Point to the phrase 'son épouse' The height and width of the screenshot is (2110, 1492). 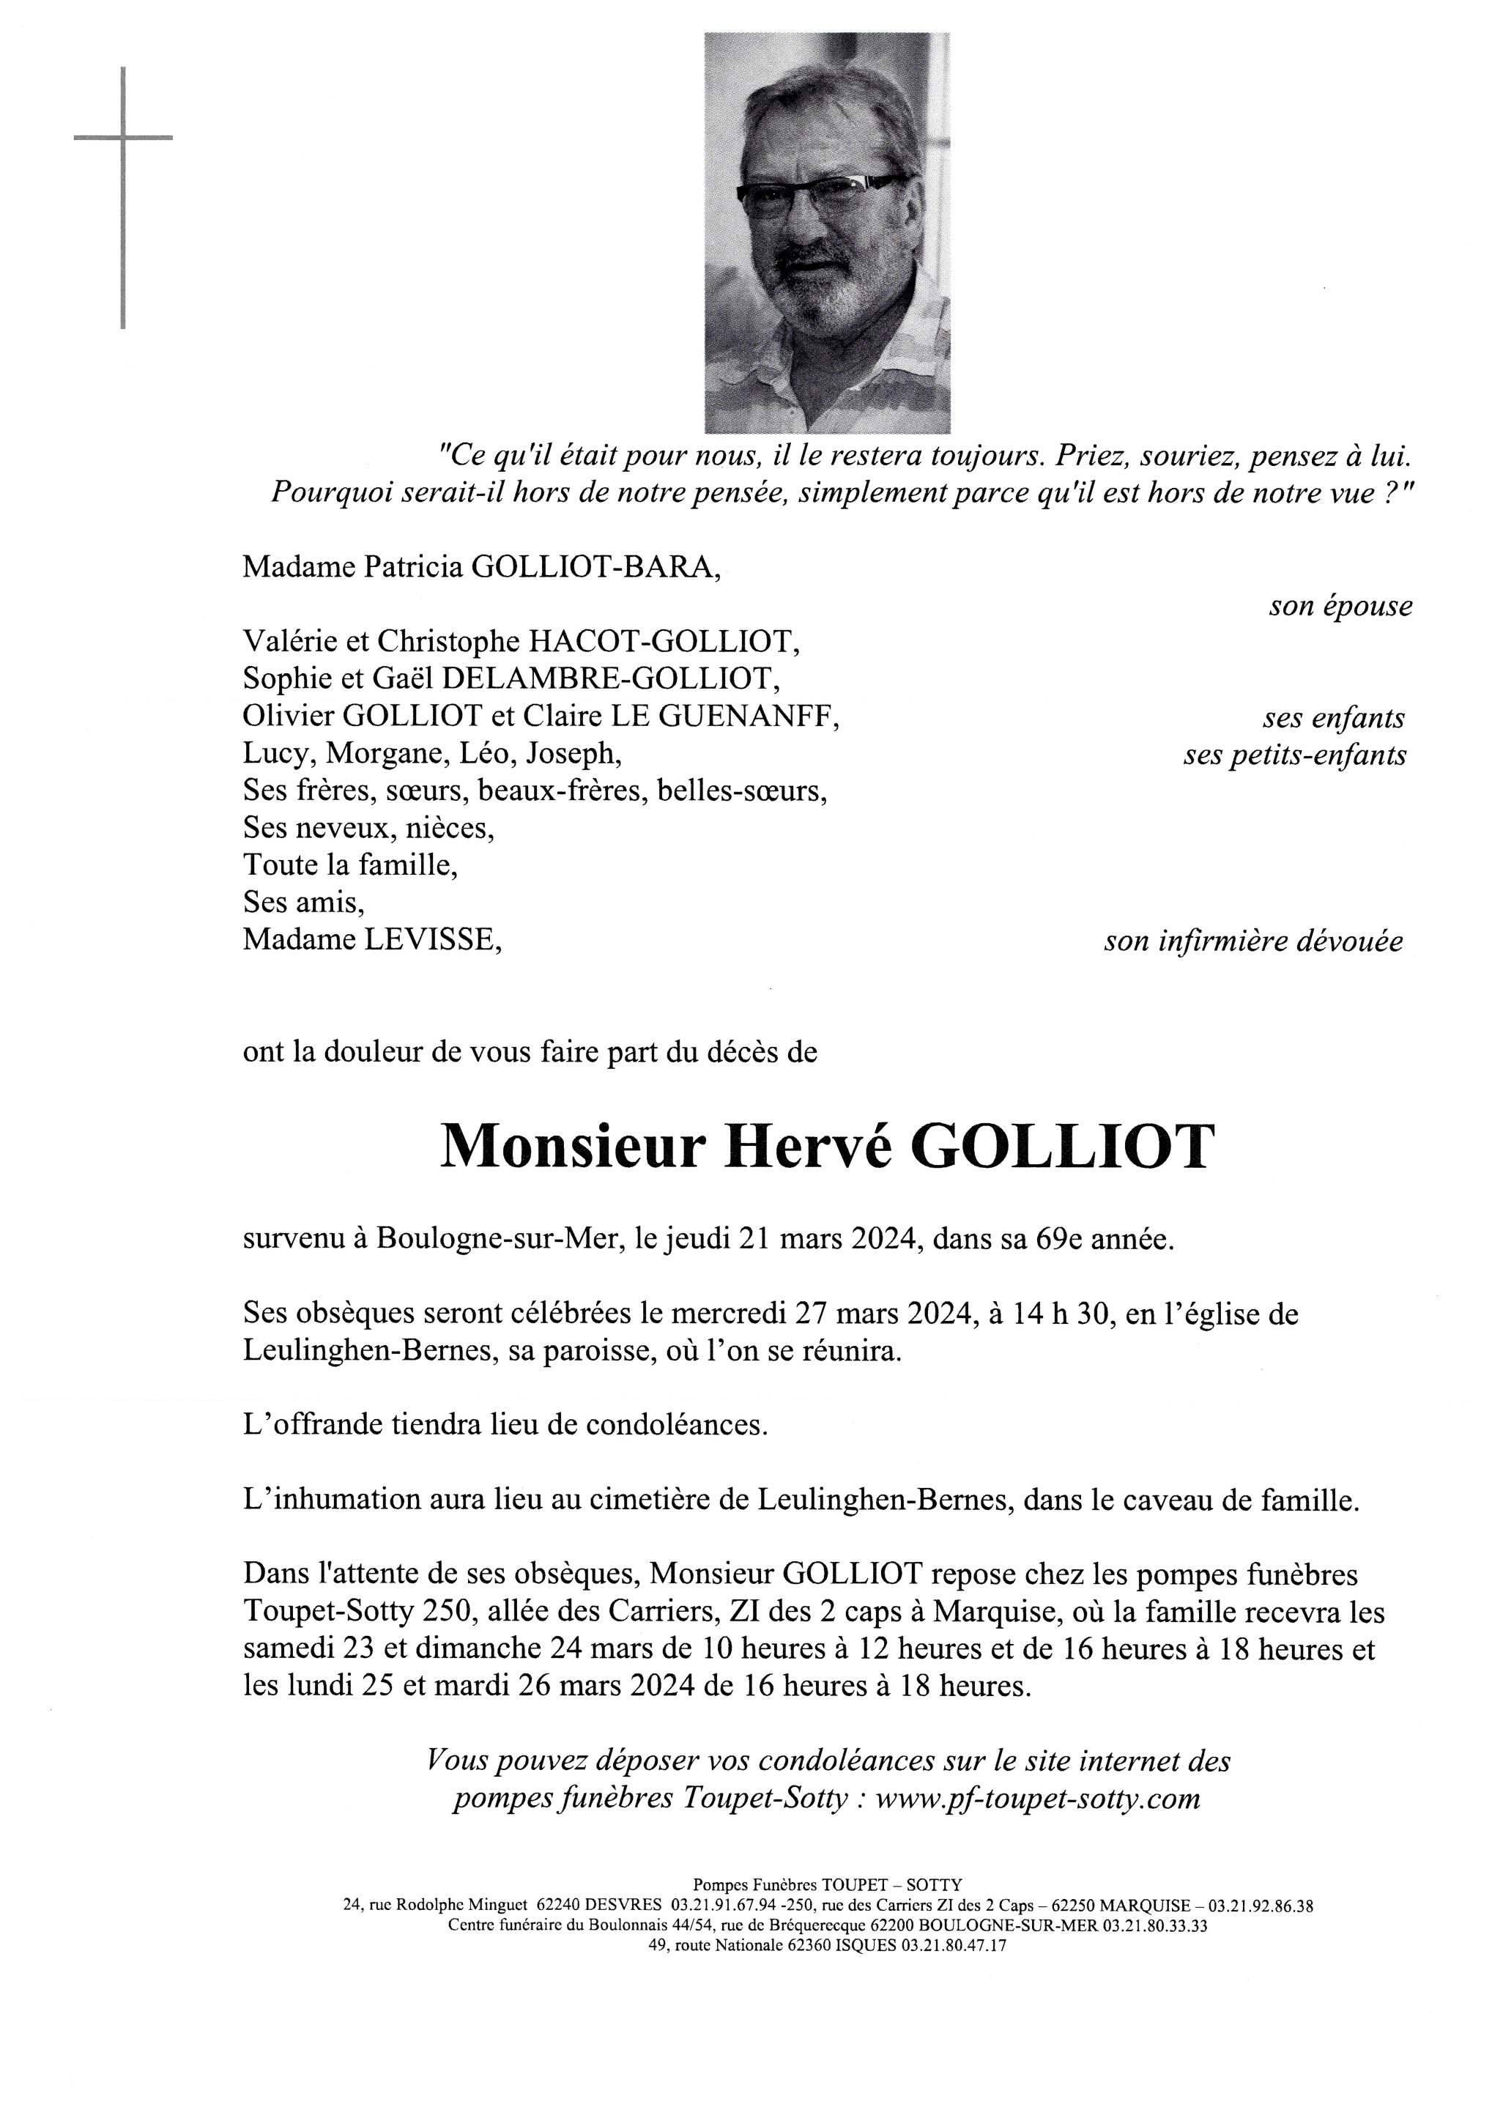[x=1340, y=607]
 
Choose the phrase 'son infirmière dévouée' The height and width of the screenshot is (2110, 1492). [x=1253, y=941]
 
